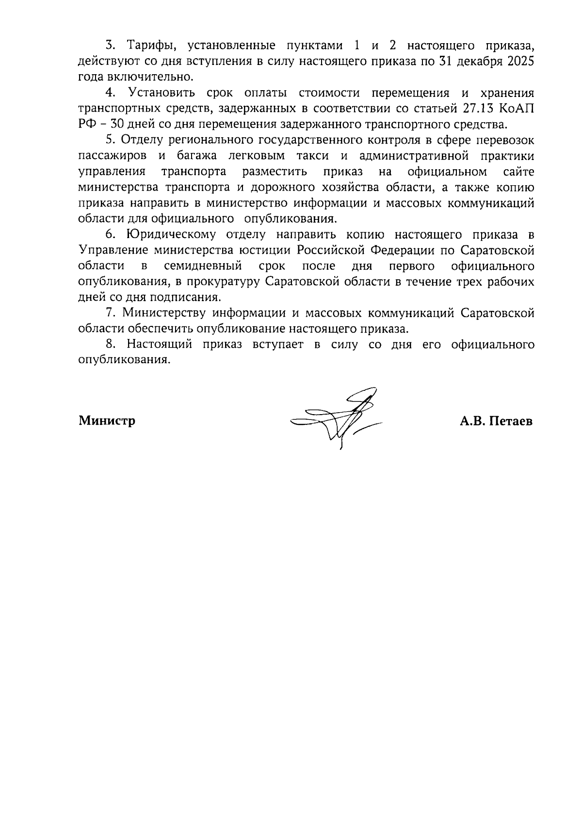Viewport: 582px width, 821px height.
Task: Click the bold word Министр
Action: (x=107, y=420)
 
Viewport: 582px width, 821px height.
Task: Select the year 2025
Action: (x=519, y=62)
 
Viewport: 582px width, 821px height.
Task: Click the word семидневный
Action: (x=203, y=266)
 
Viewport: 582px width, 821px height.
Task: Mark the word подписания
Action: (x=194, y=297)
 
